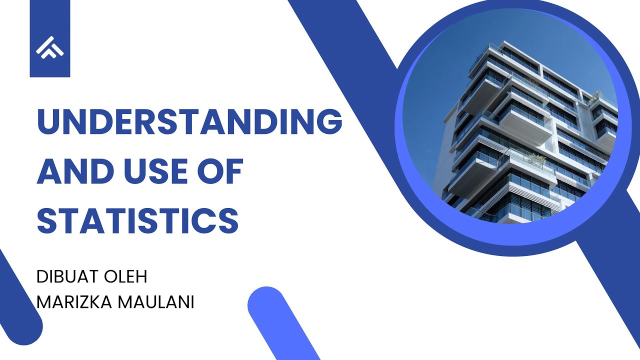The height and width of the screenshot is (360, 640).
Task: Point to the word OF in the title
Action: tap(222, 171)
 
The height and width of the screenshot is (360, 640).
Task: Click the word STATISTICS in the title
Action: tap(137, 220)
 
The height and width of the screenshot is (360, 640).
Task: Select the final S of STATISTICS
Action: tap(227, 220)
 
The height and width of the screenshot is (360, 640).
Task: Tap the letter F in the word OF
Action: tap(233, 171)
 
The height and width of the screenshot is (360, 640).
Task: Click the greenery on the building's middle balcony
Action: tap(537, 160)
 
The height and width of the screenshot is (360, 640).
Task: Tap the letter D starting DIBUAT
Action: tap(42, 276)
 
